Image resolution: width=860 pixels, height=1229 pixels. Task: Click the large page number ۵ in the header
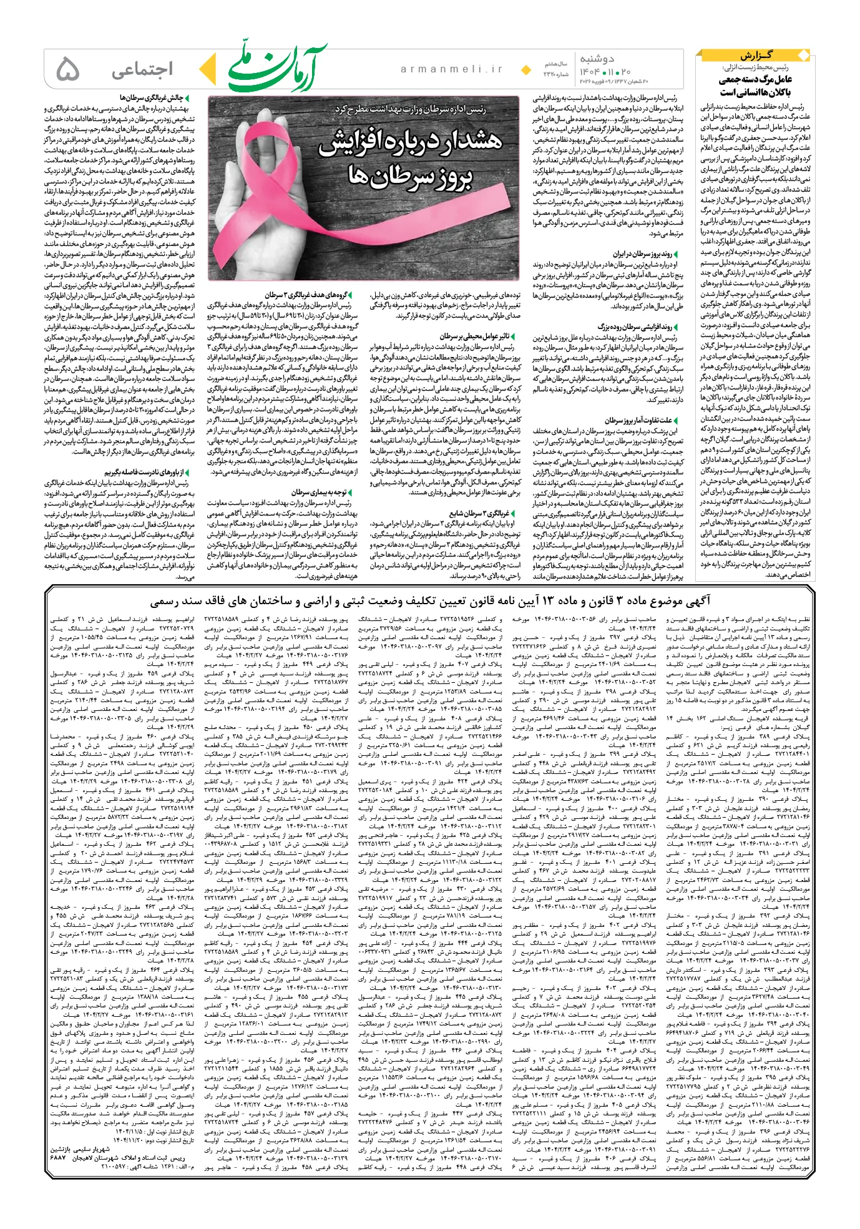(x=67, y=69)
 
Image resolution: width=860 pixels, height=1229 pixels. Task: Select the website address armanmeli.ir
(x=451, y=70)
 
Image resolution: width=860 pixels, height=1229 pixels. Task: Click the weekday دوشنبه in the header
(x=597, y=59)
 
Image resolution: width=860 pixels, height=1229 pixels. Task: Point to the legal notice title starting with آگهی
(x=429, y=601)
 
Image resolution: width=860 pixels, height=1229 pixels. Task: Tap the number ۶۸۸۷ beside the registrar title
(x=58, y=1157)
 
